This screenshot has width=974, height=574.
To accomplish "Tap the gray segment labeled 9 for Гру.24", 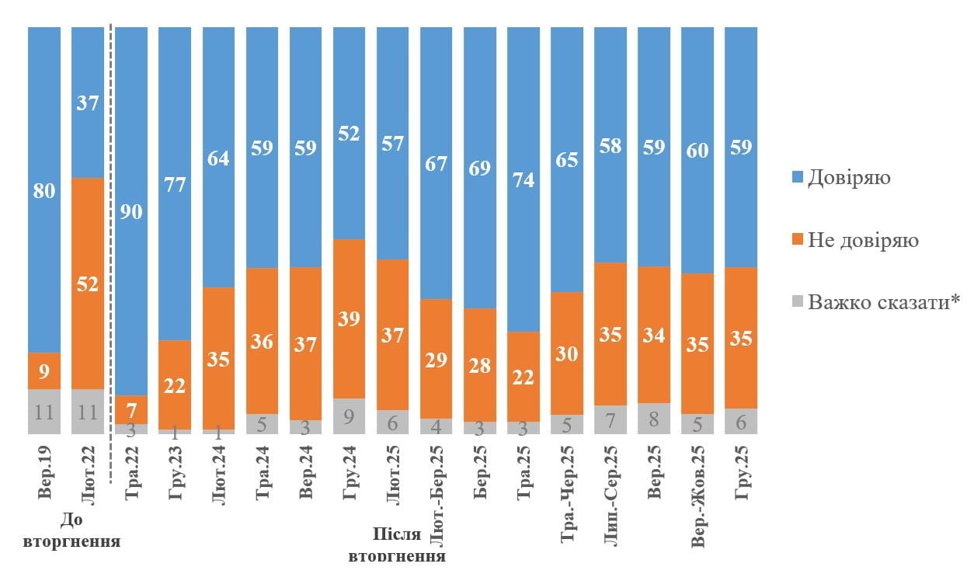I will pos(350,416).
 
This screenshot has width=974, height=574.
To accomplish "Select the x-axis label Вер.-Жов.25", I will pos(698,496).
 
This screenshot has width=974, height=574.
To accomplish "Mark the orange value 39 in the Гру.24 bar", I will pos(350,319).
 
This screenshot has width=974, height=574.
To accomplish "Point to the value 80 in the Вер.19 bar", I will pos(44,191).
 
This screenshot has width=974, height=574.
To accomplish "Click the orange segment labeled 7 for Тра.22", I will pos(131,409).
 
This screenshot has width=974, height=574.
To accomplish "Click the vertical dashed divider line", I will pos(111,233).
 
